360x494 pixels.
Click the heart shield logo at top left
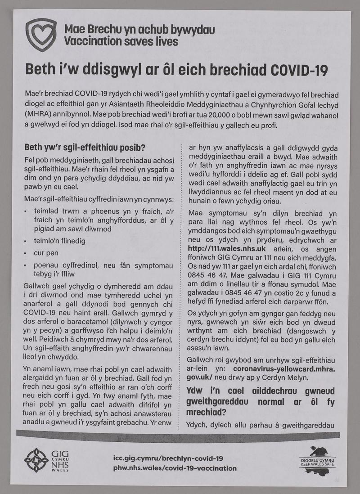[41, 35]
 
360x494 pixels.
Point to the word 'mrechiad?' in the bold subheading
[205, 412]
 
